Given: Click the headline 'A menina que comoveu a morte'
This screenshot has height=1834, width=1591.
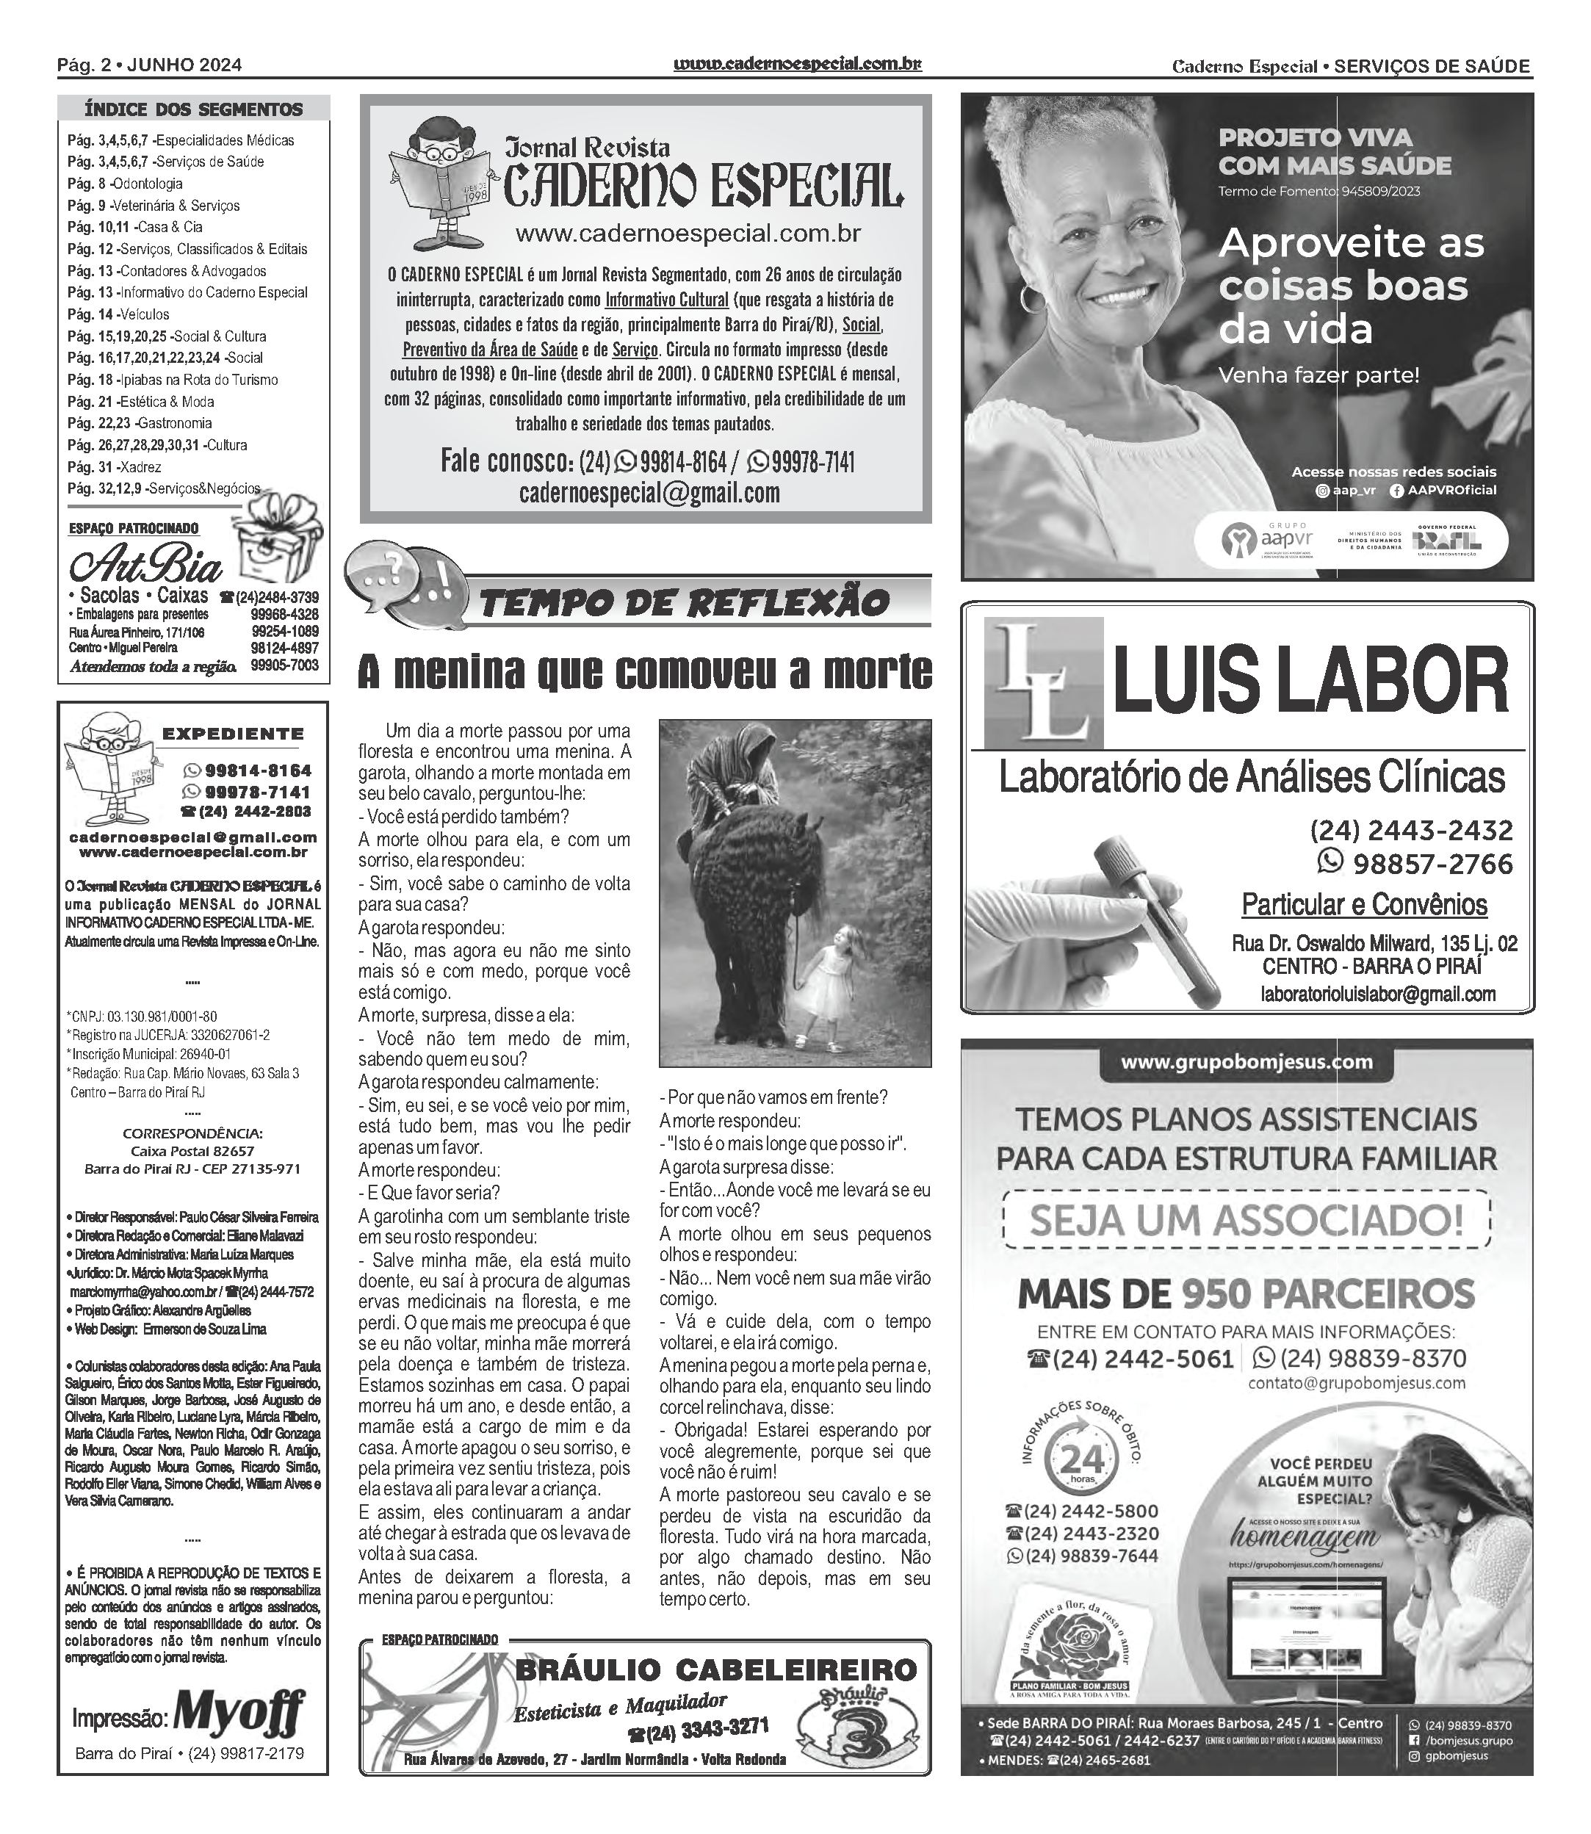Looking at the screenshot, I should coord(645,672).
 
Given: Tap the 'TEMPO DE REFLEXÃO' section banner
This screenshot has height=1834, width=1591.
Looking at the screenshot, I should coord(684,603).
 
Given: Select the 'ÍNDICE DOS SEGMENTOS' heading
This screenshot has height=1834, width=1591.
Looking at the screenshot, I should coord(193,110).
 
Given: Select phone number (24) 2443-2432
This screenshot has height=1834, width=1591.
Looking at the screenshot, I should coord(1411,830).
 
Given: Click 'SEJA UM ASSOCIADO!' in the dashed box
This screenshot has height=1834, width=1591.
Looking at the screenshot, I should coord(1247,1221).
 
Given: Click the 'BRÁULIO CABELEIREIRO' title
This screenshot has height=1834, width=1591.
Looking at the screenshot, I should coord(715,1669).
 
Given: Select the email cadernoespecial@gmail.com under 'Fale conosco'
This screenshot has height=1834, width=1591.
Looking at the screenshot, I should coord(649,494).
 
